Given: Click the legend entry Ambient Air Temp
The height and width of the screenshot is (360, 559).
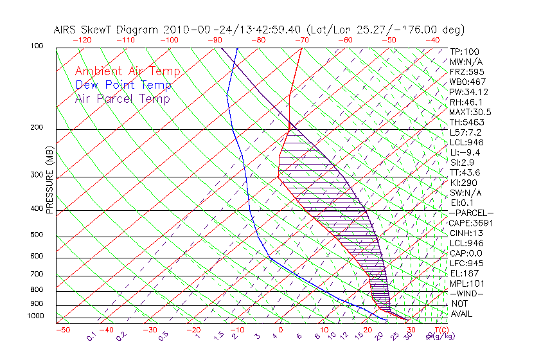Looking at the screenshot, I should click(x=127, y=71).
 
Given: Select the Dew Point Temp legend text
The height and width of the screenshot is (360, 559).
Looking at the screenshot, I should click(x=123, y=85).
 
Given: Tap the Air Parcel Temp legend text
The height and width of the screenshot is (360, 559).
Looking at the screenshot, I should click(x=122, y=98).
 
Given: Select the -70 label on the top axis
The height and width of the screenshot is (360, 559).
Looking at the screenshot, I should click(x=301, y=40).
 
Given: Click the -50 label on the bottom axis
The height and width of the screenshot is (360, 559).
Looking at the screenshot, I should click(x=62, y=330).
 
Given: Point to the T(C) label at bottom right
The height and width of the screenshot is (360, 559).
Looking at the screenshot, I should click(x=440, y=330).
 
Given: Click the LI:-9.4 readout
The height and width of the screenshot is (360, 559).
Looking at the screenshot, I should click(x=465, y=152).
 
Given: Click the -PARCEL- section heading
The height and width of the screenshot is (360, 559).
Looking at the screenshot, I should click(x=472, y=213).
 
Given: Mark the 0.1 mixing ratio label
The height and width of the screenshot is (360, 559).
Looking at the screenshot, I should click(x=91, y=336).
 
